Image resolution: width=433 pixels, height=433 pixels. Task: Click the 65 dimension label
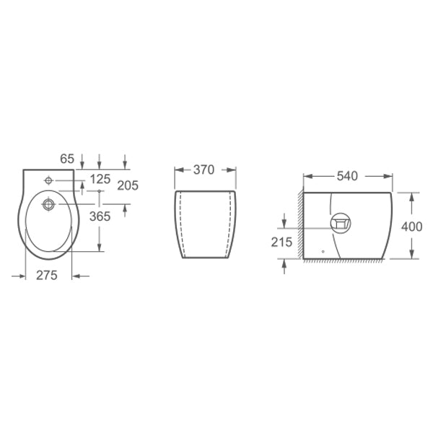[67, 159]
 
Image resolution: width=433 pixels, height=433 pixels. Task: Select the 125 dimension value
[100, 179]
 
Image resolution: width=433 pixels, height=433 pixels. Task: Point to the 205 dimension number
[128, 185]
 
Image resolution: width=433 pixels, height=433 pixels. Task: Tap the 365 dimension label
[100, 216]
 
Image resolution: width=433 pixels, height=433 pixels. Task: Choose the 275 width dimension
[47, 276]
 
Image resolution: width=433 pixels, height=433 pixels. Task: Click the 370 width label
[204, 170]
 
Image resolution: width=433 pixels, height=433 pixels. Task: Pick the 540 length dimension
[347, 176]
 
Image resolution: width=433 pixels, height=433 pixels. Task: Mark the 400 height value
[412, 227]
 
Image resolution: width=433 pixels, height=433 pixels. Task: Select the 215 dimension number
[281, 242]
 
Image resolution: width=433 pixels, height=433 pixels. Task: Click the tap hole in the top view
[48, 180]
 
